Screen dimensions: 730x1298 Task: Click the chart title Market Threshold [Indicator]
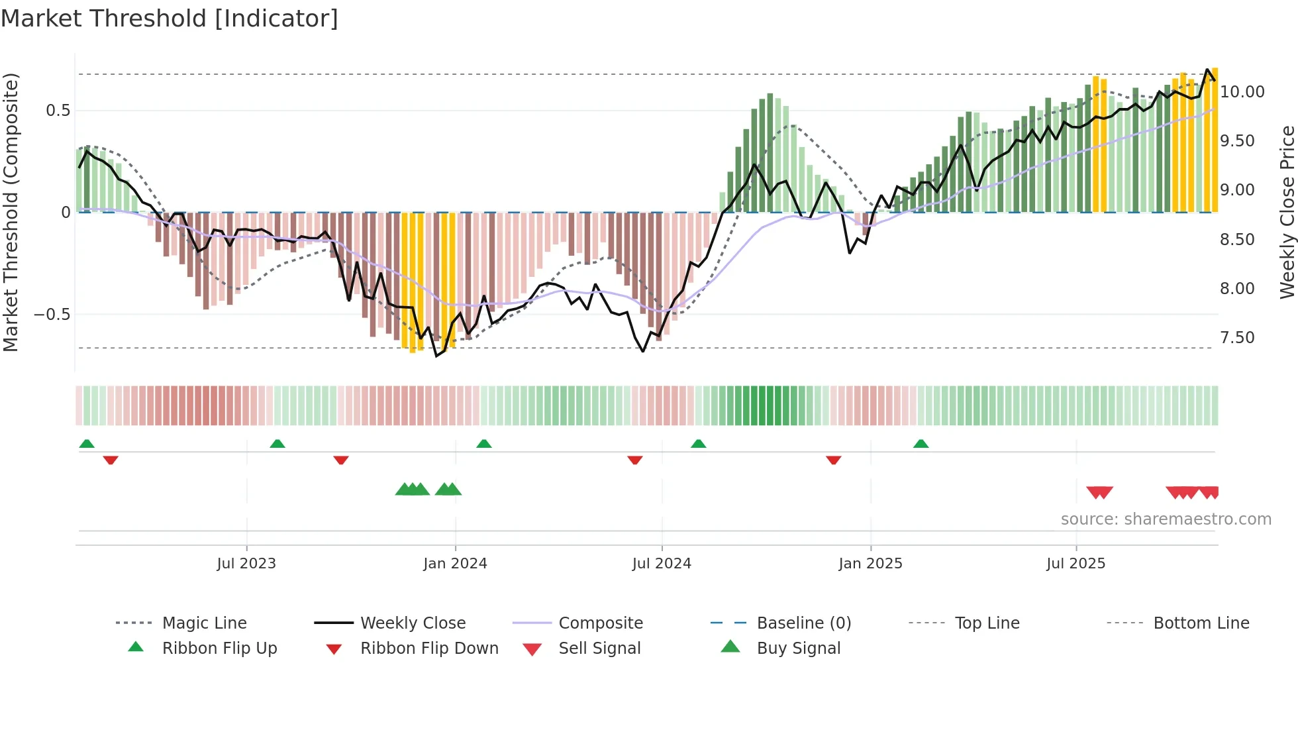(170, 19)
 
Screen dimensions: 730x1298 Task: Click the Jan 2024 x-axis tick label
(455, 564)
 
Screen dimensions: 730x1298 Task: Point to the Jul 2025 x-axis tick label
(1075, 564)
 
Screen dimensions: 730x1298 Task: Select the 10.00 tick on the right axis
(1242, 92)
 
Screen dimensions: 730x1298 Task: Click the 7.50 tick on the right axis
(1237, 338)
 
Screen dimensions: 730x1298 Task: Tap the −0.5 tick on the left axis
(52, 315)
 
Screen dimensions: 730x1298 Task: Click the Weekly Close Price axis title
(1287, 212)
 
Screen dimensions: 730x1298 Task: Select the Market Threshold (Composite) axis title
(11, 212)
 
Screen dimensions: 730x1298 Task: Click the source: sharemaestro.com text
(1166, 519)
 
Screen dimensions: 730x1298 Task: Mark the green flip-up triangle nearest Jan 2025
(921, 444)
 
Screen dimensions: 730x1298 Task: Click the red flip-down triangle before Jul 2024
(634, 460)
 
